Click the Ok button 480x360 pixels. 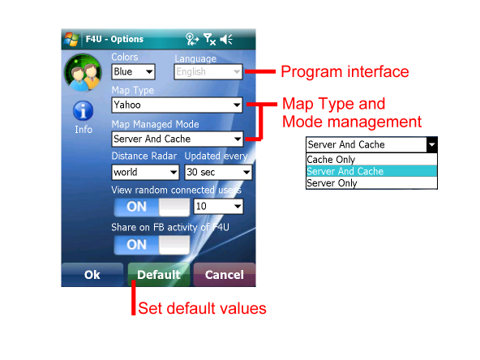[92, 275]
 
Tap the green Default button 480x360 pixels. [159, 275]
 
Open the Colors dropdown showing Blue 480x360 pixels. [133, 71]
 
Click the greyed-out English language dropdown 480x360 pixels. [208, 71]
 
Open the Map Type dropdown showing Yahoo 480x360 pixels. [178, 105]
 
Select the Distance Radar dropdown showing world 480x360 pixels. [145, 172]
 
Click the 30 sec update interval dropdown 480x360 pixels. [218, 172]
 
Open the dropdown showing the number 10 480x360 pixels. [219, 206]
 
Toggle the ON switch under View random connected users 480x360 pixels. [152, 207]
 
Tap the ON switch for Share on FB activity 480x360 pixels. [152, 245]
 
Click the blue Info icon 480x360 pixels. [83, 110]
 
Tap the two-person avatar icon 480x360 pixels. [83, 72]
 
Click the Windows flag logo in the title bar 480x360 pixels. [71, 39]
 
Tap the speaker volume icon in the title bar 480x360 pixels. [226, 39]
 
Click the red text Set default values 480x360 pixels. [202, 308]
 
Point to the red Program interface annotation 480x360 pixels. [345, 72]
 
